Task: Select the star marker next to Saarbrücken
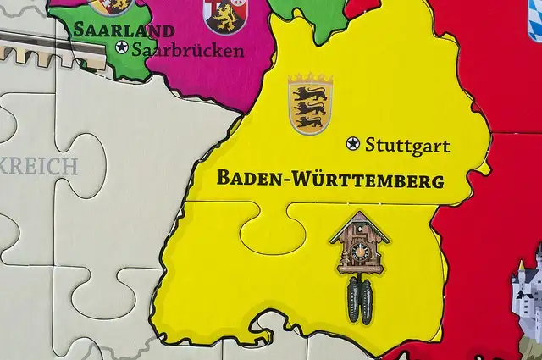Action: click(x=122, y=47)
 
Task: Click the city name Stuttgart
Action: click(x=407, y=146)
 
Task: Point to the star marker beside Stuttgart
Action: click(x=353, y=144)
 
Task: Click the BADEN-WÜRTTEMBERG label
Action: click(x=330, y=180)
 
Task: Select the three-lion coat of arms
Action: click(x=310, y=104)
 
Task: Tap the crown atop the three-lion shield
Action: click(x=310, y=79)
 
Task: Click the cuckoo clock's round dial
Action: click(x=360, y=252)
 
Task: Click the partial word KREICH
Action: click(x=39, y=166)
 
